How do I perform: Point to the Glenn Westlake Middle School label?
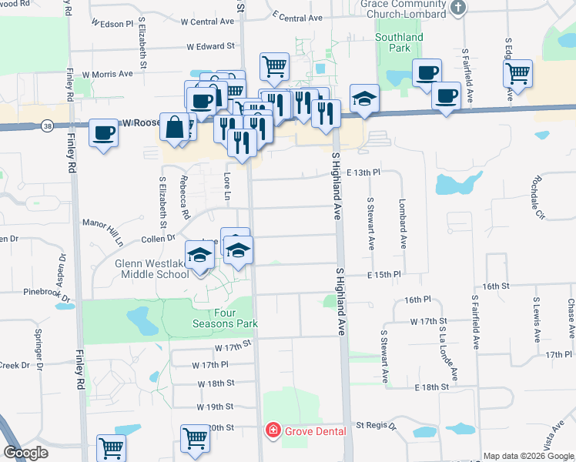[151, 269]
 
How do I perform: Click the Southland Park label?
[399, 42]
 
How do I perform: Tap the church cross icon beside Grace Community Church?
[458, 8]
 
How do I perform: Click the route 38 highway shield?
[48, 126]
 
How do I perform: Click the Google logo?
[25, 453]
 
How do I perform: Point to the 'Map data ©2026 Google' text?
[528, 456]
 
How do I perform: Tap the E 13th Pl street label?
[363, 173]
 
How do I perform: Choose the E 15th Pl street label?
[384, 274]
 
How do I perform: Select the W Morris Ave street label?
[108, 74]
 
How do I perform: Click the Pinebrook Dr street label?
[47, 293]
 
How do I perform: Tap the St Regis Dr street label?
[374, 425]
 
